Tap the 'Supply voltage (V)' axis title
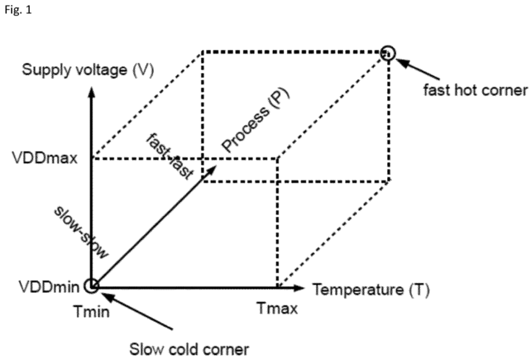[x=88, y=70]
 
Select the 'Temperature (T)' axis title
[x=370, y=289]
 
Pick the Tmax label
[x=277, y=309]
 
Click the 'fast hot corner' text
[x=475, y=90]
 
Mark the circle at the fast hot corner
[x=387, y=52]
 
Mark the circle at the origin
[x=92, y=285]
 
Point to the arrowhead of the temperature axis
[x=298, y=286]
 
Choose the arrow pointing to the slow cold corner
[x=137, y=311]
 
